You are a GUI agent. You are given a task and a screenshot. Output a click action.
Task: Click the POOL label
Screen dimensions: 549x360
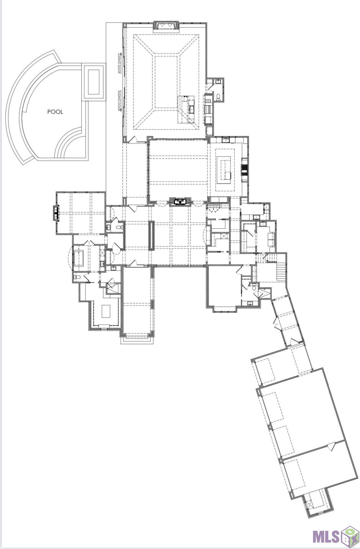coord(55,112)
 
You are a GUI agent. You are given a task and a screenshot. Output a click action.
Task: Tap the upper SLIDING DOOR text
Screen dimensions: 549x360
coord(119,64)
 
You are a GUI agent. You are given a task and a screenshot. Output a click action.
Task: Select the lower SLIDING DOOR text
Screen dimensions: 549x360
coord(119,101)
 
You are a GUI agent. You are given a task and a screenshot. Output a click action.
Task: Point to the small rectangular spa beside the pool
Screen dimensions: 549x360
coord(94,81)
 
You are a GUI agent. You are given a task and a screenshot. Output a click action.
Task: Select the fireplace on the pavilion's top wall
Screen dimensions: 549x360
coord(166,25)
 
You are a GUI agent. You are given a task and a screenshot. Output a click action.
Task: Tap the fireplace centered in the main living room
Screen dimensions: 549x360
coord(180,201)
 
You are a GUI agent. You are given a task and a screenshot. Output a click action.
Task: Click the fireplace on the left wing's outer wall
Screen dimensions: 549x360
coord(56,213)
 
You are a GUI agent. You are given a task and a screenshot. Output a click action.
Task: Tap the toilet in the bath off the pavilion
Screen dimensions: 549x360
coord(219,97)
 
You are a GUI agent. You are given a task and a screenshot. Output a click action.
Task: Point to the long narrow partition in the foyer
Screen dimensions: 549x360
coord(151,235)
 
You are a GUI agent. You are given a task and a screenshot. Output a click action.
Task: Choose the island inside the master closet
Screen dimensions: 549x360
coord(106,311)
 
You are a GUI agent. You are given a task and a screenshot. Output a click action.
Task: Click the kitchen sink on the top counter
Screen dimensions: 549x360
coord(226,140)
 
